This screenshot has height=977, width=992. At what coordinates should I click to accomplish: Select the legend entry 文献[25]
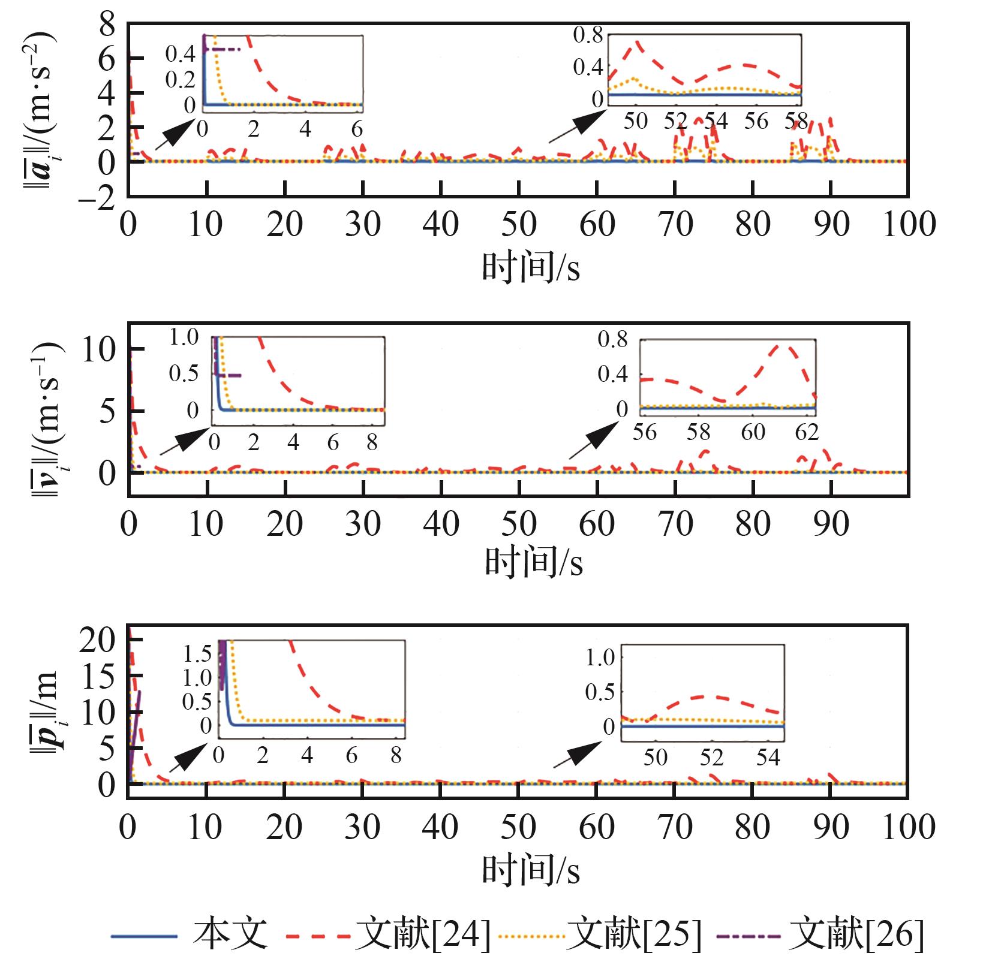click(x=633, y=934)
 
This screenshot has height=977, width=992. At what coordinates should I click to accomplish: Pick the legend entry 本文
click(x=230, y=934)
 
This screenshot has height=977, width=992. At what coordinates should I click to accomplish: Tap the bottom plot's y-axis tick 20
click(x=97, y=641)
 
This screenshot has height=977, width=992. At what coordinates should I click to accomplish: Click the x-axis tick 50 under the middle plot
click(x=519, y=524)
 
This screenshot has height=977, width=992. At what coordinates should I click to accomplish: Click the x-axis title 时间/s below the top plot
click(x=531, y=267)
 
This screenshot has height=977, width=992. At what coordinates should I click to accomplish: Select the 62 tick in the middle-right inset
click(x=807, y=432)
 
